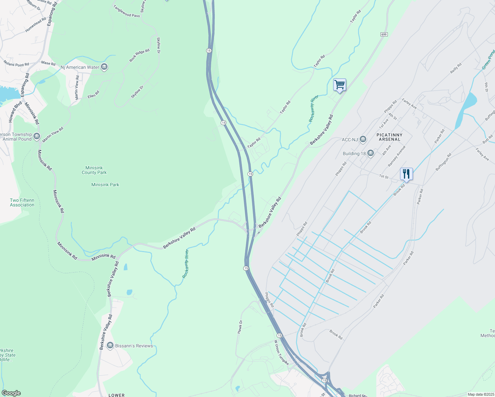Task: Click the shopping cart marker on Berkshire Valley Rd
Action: [x=339, y=85]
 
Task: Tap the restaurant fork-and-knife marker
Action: [x=406, y=174]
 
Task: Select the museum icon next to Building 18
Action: [x=370, y=153]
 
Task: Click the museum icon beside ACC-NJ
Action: [x=363, y=139]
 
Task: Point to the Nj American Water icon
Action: [x=104, y=67]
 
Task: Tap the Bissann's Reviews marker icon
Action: [x=110, y=345]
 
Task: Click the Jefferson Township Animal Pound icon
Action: [x=36, y=136]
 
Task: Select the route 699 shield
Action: [x=384, y=34]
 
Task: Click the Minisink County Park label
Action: [x=94, y=170]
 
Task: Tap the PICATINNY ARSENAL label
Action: [x=389, y=137]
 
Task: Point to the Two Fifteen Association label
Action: [x=22, y=202]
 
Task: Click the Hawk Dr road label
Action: [x=240, y=327]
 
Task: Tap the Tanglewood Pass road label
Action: [x=126, y=11]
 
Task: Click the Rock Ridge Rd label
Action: [x=139, y=55]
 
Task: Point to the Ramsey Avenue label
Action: [x=396, y=156]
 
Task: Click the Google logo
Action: [x=11, y=393]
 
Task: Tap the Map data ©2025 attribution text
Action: [x=480, y=394]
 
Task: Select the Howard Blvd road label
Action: [x=15, y=111]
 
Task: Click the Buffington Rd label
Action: [x=443, y=162]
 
